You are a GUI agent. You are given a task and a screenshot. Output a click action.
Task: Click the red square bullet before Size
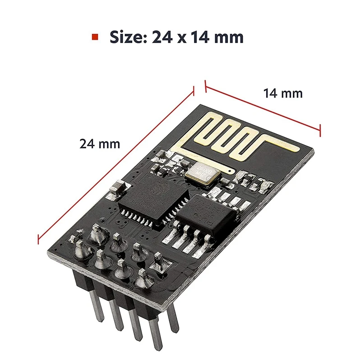[x=95, y=37]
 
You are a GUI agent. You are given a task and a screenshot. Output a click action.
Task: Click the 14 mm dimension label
[x=283, y=93]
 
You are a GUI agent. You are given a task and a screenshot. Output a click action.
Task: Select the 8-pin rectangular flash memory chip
[x=207, y=213]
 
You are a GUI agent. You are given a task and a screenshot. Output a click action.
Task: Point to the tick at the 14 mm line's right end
[x=320, y=130]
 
